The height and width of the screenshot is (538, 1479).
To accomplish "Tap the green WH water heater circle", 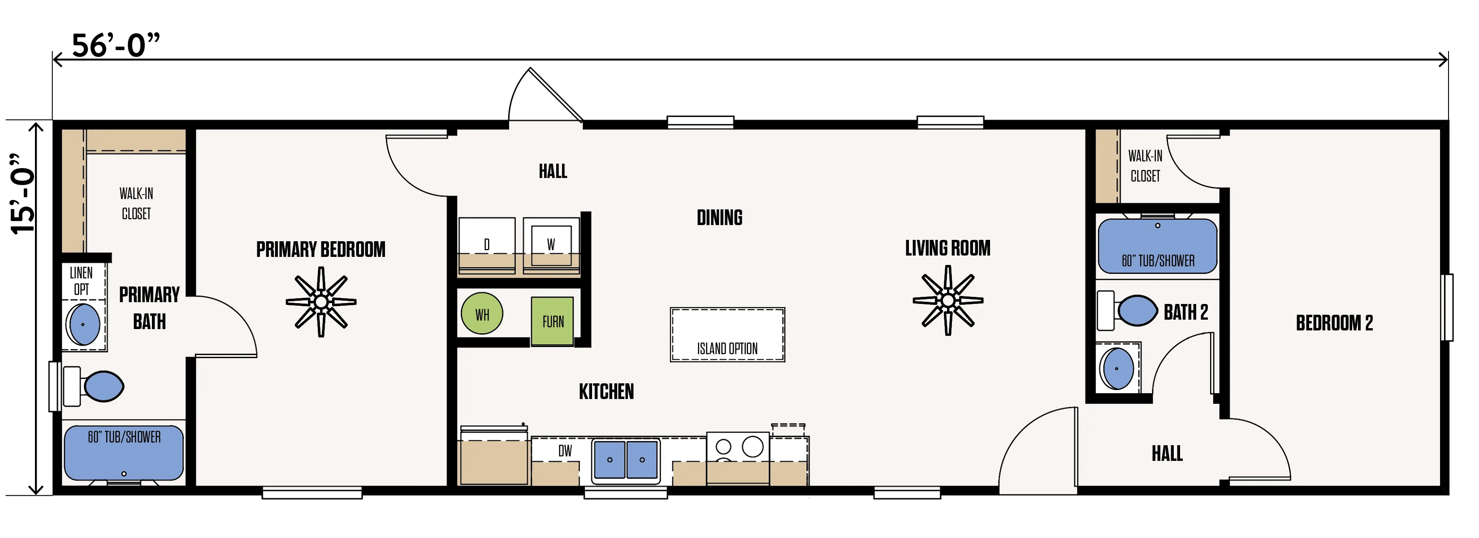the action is pos(482,313).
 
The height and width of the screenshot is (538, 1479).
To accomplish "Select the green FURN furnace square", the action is pos(552,321).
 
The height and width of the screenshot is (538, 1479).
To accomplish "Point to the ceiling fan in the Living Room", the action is pos(948,300).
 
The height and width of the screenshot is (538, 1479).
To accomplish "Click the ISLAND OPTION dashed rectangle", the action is pos(727,335).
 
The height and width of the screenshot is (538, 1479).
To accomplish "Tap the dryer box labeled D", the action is pos(487,245).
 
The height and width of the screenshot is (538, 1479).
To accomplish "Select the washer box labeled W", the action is pos(551,245).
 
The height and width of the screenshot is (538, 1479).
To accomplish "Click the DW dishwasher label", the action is pos(565,451).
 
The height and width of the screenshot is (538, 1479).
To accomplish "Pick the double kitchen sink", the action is pos(626,460).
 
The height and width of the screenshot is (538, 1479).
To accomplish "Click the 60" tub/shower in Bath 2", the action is pos(1158,246).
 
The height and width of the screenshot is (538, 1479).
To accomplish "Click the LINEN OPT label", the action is pos(82,281).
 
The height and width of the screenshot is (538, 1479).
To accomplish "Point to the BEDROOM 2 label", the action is pos(1334,323).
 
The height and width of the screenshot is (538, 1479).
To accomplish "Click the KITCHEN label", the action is pos(606,391).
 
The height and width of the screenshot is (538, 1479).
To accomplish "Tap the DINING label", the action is pos(719,217).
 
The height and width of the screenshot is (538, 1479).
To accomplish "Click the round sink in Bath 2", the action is pos(1117,368).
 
